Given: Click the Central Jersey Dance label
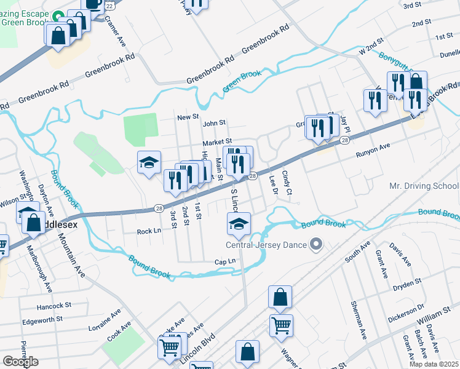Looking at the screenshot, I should (x=266, y=245).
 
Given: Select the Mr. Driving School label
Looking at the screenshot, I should (x=424, y=186).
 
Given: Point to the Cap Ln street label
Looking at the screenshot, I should (x=224, y=261).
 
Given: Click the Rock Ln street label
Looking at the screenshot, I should (x=148, y=231).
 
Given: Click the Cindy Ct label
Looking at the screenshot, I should (x=287, y=183).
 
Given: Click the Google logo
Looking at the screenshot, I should (x=21, y=361).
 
